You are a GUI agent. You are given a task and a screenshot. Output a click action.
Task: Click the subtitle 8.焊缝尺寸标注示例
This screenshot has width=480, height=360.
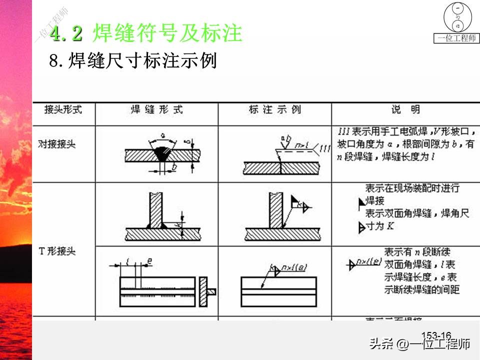[132, 61]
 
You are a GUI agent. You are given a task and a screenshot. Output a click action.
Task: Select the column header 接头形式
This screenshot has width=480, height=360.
[63, 109]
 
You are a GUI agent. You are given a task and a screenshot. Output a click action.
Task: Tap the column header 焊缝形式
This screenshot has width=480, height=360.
[156, 109]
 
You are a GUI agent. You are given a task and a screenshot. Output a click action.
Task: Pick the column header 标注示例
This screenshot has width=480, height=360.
[274, 109]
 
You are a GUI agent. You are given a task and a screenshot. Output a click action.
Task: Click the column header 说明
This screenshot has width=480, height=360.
[405, 109]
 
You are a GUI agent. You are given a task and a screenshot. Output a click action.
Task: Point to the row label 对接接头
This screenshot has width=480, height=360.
[56, 144]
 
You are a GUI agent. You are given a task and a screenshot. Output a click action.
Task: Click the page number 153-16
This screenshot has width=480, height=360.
[436, 335]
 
